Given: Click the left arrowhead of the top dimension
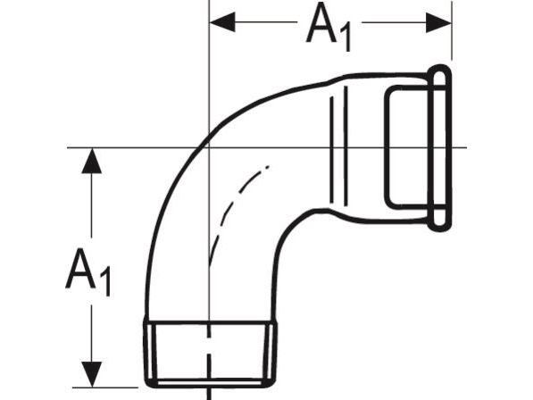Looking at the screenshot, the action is point(222,22).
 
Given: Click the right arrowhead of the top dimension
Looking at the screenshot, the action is point(438,23).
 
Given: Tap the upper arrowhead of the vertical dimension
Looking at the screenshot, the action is point(91,161).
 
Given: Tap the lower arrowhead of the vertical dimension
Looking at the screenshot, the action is point(91,374).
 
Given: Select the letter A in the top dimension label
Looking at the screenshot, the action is point(321,23).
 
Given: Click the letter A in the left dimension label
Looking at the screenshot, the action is point(80,269).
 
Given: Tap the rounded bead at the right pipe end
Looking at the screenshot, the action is point(440,148).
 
